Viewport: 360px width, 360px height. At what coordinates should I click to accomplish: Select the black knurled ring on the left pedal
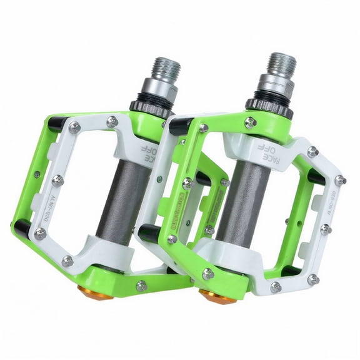(x=151, y=107)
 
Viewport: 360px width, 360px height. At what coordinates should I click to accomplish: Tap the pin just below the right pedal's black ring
(x=251, y=122)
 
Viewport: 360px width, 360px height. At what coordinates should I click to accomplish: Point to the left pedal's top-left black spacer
(x=57, y=124)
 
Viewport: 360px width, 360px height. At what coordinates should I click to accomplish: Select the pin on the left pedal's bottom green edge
(x=142, y=286)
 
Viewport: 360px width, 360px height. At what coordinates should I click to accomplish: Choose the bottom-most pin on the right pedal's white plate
(x=276, y=287)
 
